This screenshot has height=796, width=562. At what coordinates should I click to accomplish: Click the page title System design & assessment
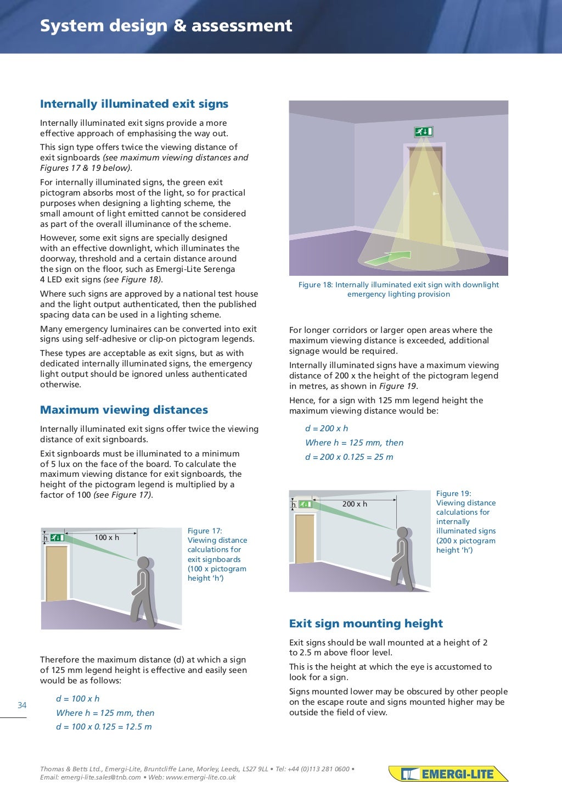(x=166, y=26)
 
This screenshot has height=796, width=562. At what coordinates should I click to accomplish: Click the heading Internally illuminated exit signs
(x=134, y=104)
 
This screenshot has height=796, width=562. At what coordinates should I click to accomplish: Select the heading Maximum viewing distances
(x=124, y=410)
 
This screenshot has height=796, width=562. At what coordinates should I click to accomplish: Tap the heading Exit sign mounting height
(x=366, y=624)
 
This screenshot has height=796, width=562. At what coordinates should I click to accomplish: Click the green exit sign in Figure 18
(x=423, y=131)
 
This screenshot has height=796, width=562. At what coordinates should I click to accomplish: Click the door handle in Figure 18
(x=435, y=193)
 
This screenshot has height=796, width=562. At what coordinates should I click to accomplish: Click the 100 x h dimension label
(x=106, y=537)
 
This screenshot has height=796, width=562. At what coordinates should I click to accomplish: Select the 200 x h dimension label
(x=355, y=504)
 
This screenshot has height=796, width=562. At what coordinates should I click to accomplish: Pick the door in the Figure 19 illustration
(x=305, y=539)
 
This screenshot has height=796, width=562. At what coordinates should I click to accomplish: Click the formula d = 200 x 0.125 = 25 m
(x=349, y=457)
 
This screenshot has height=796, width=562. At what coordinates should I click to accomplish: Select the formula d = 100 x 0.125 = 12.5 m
(x=104, y=727)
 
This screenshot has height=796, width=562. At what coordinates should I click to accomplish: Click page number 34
(x=22, y=705)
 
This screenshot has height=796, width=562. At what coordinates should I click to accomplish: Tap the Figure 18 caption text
(x=398, y=290)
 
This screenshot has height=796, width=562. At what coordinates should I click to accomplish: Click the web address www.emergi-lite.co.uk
(x=200, y=777)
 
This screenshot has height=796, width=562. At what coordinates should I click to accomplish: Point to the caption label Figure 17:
(x=205, y=531)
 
